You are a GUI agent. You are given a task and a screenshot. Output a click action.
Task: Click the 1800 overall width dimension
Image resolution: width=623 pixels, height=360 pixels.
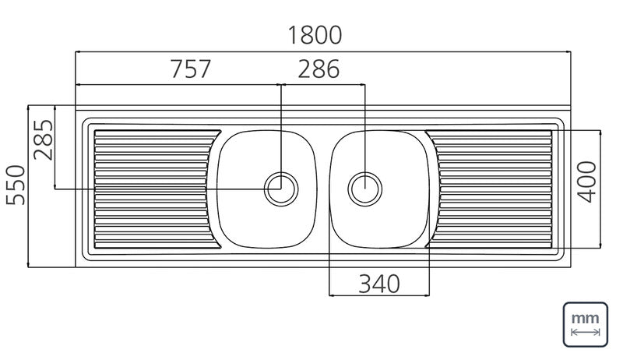coord(315,35)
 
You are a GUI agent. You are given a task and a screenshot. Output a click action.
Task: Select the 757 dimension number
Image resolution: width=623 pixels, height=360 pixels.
coord(191,69)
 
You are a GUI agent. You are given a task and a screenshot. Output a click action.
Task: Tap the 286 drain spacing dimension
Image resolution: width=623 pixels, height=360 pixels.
coord(319,69)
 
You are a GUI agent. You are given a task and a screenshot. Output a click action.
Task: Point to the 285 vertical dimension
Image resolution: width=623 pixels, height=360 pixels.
coord(43,139)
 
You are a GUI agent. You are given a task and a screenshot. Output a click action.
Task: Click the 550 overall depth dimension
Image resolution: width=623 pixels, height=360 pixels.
coord(16,185)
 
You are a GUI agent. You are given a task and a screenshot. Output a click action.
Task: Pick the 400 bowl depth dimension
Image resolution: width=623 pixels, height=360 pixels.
coord(587,182)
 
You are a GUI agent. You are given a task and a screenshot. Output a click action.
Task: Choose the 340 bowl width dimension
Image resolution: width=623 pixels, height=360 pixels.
coord(379,284)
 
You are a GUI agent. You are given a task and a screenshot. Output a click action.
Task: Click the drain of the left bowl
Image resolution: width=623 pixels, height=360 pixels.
coord(281,189)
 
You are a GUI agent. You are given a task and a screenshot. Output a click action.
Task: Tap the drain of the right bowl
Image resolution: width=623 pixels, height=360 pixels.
coord(364,189)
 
